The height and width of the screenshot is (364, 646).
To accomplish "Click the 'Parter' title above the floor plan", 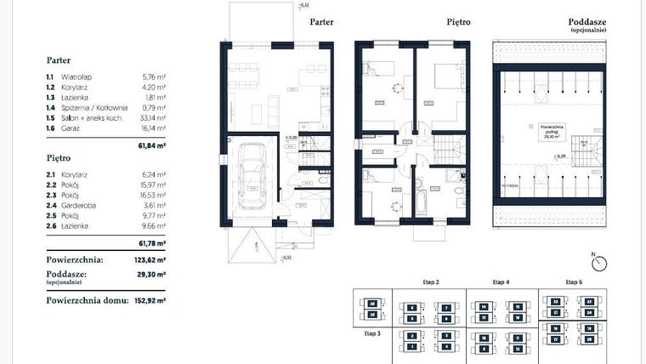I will [321, 24].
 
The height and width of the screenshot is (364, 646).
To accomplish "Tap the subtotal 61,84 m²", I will [153, 145].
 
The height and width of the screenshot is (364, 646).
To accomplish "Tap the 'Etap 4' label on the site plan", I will [501, 281].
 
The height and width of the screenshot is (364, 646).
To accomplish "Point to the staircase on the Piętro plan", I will [448, 153].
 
